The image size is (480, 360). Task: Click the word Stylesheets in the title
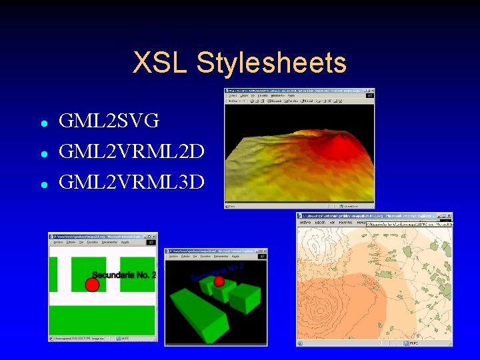[x=272, y=63]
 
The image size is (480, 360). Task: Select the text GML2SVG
[x=109, y=121]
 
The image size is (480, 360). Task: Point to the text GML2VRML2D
[x=131, y=151]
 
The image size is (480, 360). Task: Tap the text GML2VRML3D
[x=131, y=181]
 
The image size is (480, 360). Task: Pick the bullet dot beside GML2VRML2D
[x=43, y=153]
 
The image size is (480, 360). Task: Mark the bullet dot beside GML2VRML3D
[x=43, y=183]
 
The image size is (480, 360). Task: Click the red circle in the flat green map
[x=93, y=285]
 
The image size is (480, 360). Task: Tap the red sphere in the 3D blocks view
[x=219, y=281]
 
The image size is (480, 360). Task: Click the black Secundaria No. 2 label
[x=124, y=275]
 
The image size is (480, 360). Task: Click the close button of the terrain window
[x=372, y=91]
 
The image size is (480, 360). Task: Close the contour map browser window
[x=449, y=216]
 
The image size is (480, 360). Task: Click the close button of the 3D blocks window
[x=265, y=251]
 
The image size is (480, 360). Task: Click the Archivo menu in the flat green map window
[x=58, y=243]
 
